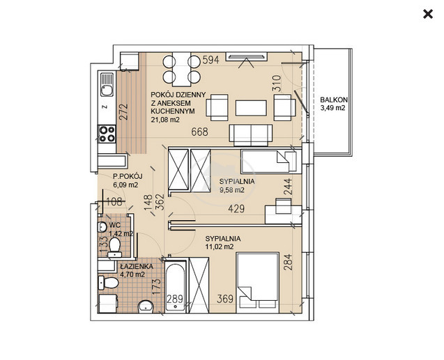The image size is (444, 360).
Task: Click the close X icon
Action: (x=428, y=14)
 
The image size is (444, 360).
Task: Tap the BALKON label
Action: (x=334, y=100)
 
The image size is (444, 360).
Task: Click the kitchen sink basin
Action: (x=107, y=91)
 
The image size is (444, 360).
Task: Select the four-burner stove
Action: (x=107, y=134)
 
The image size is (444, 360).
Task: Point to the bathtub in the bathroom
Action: (x=176, y=286)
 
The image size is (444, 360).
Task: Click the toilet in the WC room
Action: (x=114, y=247)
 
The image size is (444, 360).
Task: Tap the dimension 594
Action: (x=211, y=60)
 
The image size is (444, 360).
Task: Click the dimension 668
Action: (x=199, y=132)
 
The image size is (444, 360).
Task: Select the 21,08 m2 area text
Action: (x=165, y=120)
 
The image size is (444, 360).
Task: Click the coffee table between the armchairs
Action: (x=251, y=108)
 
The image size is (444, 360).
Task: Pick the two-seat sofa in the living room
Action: (x=251, y=135)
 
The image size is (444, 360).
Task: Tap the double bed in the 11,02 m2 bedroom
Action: (x=258, y=283)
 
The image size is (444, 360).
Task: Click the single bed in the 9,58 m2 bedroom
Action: (x=269, y=162)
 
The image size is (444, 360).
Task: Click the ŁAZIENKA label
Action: (x=137, y=267)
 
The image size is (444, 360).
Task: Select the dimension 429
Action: (x=236, y=209)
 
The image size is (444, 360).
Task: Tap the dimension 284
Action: (x=288, y=262)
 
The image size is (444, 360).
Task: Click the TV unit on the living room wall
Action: (x=246, y=57)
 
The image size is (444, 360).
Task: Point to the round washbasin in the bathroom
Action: (x=146, y=307)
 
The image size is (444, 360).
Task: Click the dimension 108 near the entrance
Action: (x=115, y=201)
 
